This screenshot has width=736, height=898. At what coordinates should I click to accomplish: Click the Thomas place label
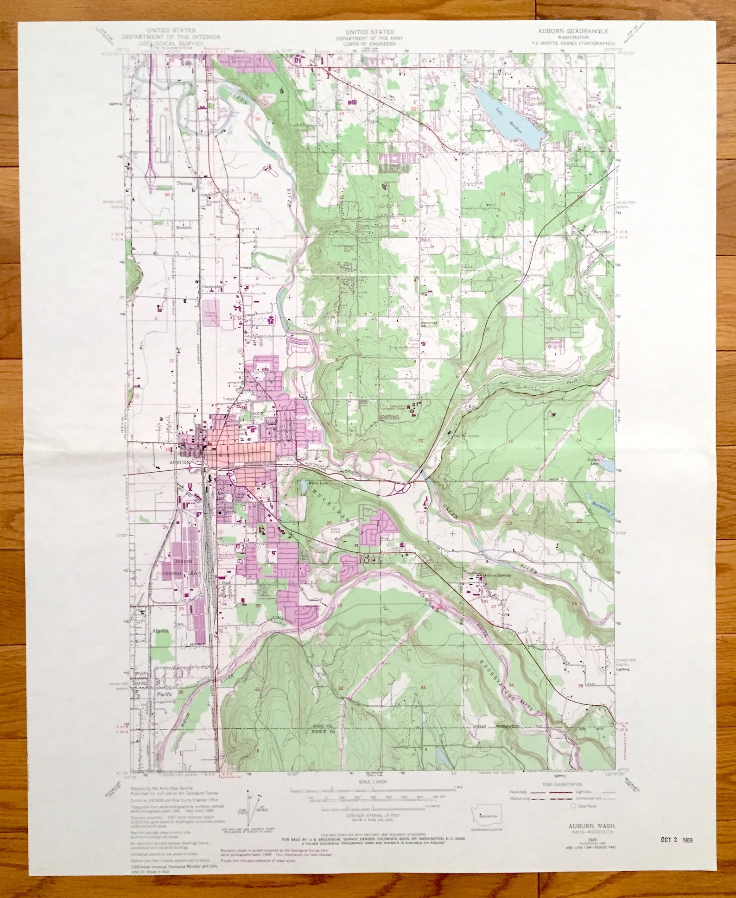click(x=184, y=183)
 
